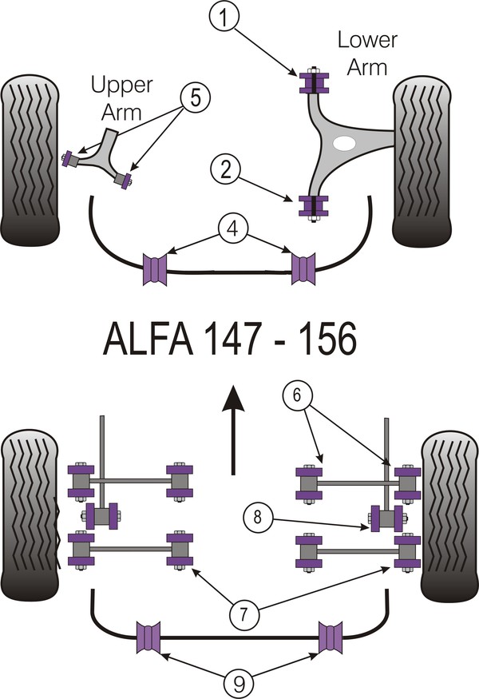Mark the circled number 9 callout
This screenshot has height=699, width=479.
tap(239, 683)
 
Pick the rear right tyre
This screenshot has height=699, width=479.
tap(449, 519)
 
